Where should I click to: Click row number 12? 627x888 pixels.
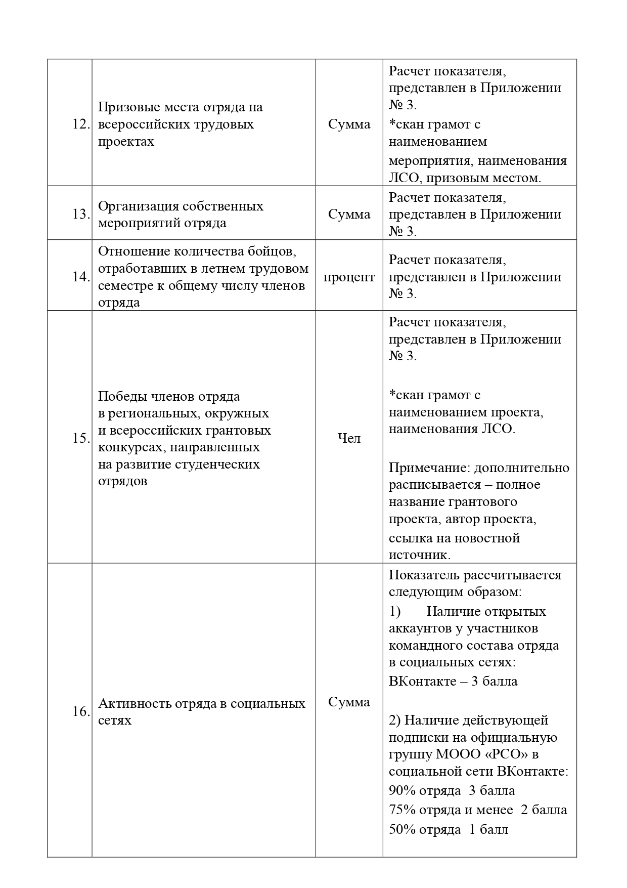pos(81,124)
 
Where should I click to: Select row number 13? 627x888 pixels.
pos(81,215)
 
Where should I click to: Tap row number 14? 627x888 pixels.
pos(81,277)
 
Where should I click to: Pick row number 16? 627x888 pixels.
pos(81,712)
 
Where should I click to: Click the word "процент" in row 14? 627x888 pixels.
pos(349,277)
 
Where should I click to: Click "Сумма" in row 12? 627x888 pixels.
pos(349,124)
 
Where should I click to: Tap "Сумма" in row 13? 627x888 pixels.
pos(349,215)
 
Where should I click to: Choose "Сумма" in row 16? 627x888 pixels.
pos(349,702)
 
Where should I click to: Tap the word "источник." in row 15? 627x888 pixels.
pos(419,555)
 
